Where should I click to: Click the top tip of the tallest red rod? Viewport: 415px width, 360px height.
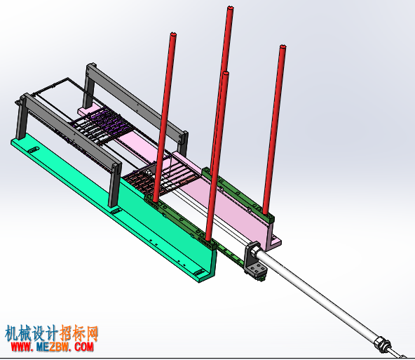[231, 7]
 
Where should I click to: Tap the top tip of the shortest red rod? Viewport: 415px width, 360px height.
[226, 72]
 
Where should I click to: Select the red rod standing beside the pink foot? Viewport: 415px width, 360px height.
[275, 129]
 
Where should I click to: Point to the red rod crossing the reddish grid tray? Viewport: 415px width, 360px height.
[164, 116]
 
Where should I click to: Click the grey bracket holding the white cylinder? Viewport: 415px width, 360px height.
[254, 262]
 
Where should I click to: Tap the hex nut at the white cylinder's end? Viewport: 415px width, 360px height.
[382, 345]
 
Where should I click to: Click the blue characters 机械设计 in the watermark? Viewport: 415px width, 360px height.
[31, 333]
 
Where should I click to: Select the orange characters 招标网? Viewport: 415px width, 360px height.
[79, 333]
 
